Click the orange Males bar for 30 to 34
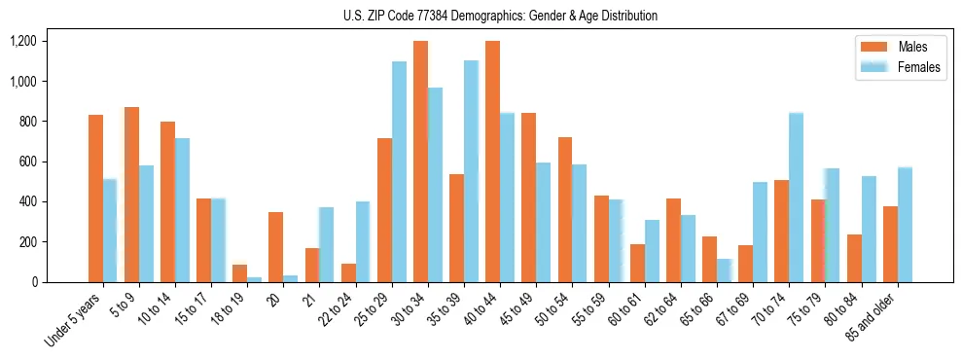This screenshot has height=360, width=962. (x=420, y=162)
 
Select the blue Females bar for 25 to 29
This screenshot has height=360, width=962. (x=399, y=171)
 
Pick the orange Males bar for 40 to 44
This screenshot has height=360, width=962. (x=492, y=162)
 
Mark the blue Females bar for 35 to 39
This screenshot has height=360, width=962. (x=471, y=171)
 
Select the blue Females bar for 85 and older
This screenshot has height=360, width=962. (x=904, y=225)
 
